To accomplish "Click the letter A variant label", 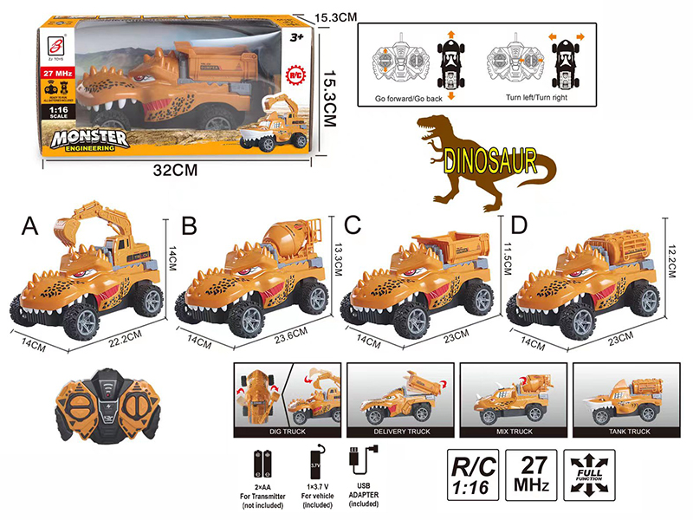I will click(x=30, y=227).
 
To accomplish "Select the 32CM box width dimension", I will click(x=178, y=170).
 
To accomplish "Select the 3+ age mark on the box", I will click(x=295, y=38).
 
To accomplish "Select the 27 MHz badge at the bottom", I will click(x=530, y=475).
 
